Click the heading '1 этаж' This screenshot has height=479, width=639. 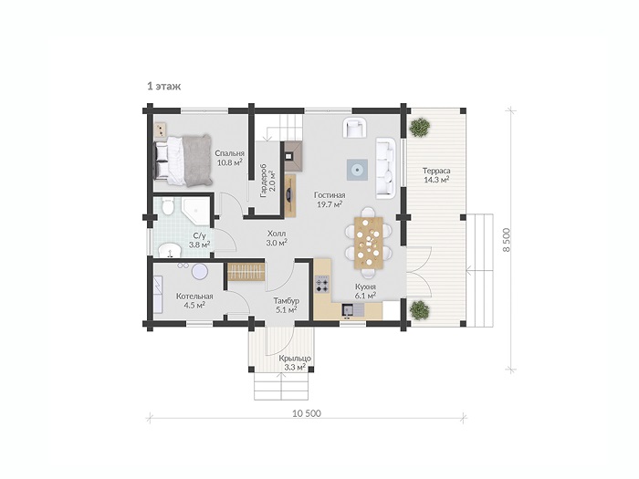[163, 87]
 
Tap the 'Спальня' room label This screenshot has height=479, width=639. [230, 153]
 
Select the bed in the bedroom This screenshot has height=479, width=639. [183, 161]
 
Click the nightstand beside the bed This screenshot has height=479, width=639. [161, 130]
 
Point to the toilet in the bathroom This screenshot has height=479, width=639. [167, 206]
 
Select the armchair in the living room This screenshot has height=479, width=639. [354, 128]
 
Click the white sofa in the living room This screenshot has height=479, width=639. [385, 168]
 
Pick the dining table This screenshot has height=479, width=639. [369, 243]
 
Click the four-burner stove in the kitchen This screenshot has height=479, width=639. [322, 285]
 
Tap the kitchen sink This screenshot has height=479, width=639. [348, 310]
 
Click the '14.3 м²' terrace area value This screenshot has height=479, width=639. [436, 179]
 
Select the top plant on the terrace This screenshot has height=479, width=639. [420, 128]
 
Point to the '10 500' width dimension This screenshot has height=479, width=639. [307, 414]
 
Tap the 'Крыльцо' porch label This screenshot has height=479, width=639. [295, 359]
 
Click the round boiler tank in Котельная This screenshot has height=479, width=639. [200, 271]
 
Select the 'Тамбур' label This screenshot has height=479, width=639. [286, 301]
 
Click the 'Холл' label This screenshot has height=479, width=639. [277, 234]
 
